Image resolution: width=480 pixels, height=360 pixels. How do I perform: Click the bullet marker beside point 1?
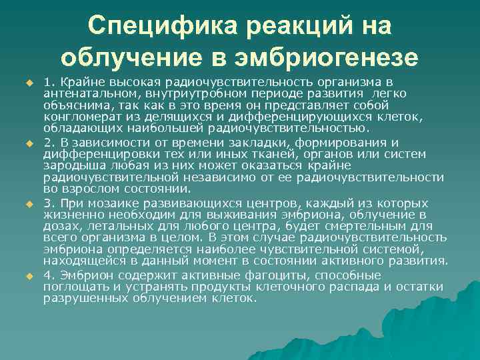tap(29, 83)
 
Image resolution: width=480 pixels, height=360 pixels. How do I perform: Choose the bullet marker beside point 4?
tap(29, 276)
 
